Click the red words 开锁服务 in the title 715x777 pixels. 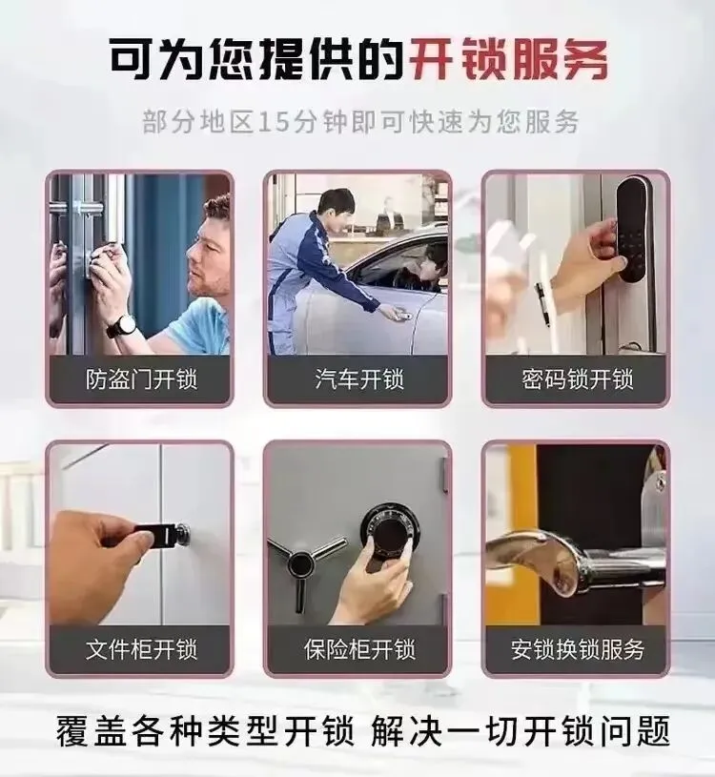click(508, 60)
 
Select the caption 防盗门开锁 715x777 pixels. click(141, 380)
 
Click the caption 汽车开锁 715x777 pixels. click(359, 380)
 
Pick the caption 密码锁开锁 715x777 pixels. click(578, 380)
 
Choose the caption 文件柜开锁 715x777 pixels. click(141, 649)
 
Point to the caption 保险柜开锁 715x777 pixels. click(359, 649)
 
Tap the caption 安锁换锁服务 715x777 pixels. click(578, 649)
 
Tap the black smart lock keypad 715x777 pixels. click(633, 229)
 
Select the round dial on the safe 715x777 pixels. click(389, 532)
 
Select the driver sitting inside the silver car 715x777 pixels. click(425, 269)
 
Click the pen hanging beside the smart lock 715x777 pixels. click(542, 303)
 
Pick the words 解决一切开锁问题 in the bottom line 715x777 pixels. click(521, 731)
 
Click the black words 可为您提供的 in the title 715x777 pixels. click(256, 60)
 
